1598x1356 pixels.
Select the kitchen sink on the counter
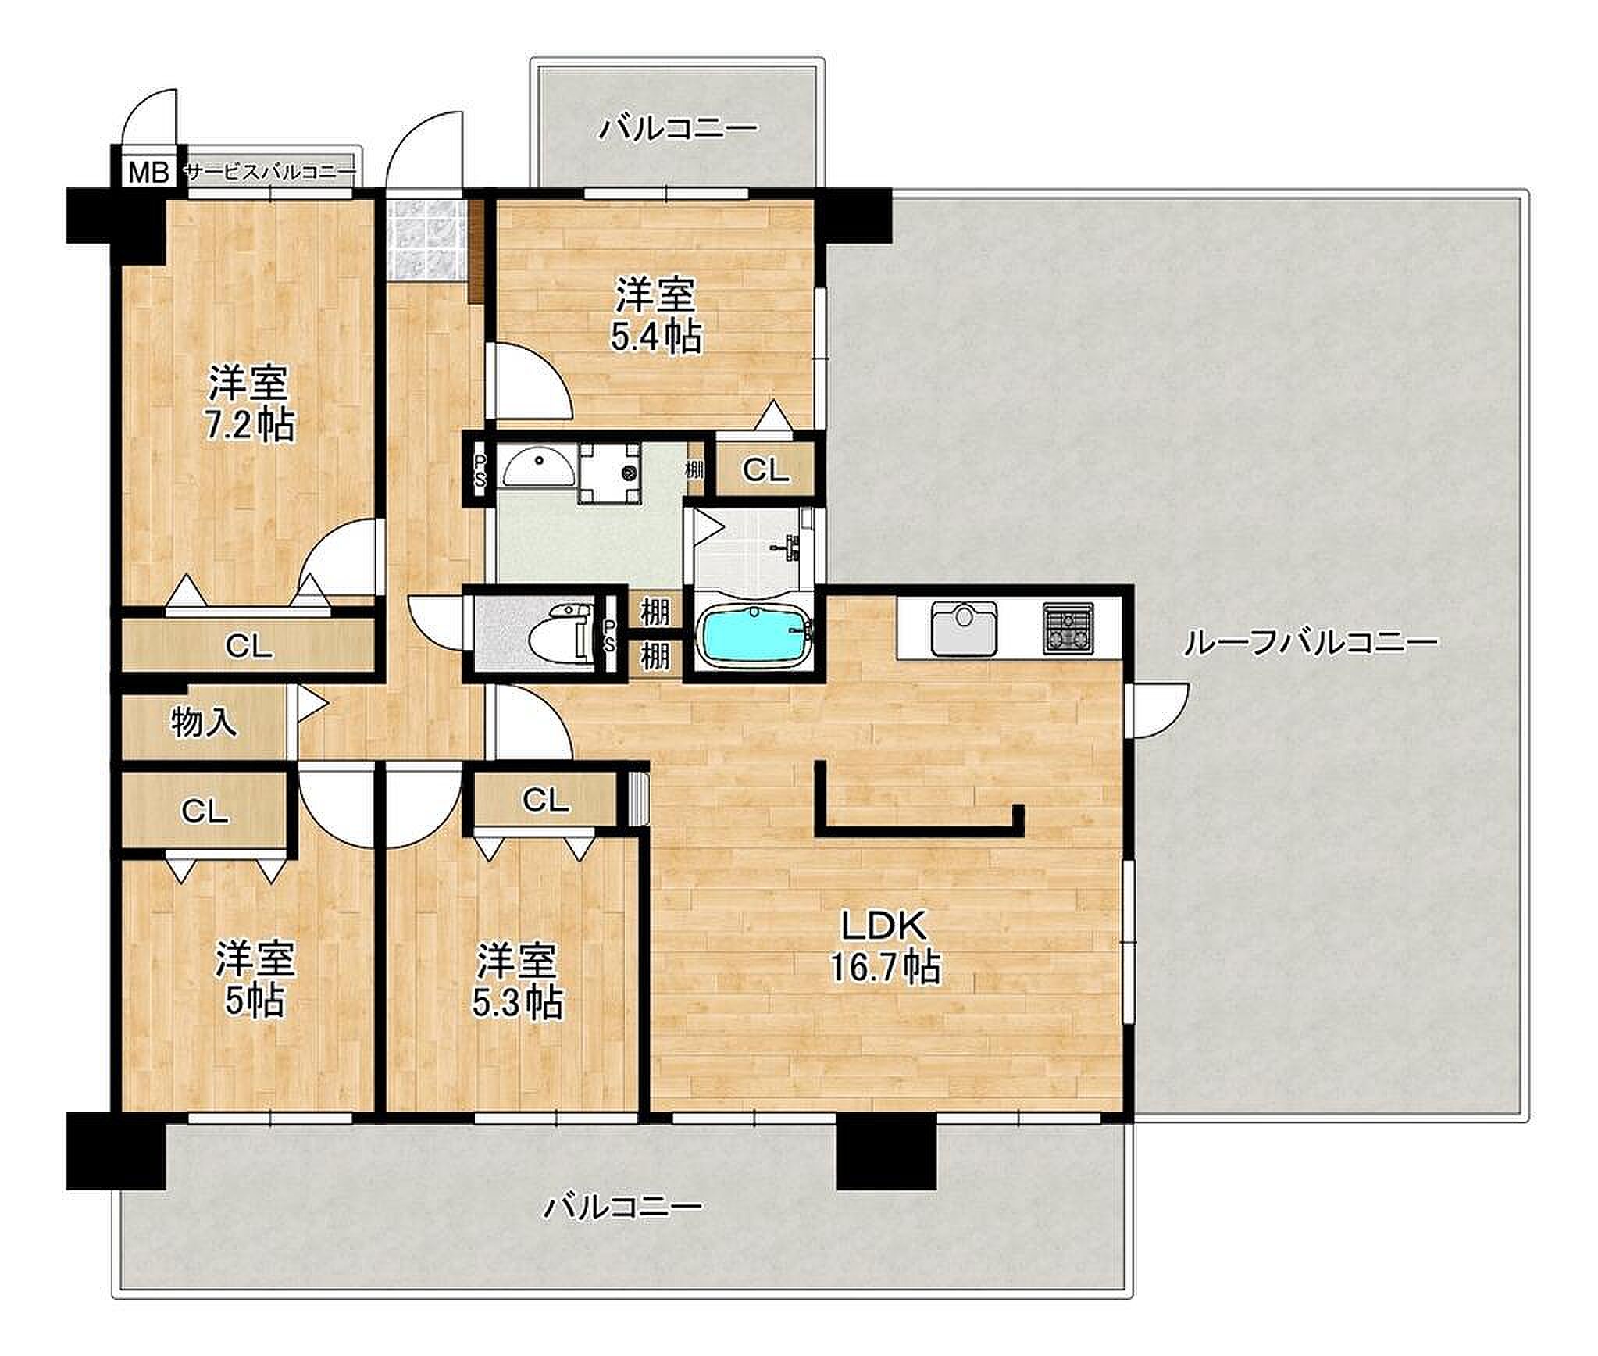pos(963,630)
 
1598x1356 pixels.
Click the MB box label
pos(148,172)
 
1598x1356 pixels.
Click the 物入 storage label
pos(203,723)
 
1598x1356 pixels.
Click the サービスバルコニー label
pos(270,173)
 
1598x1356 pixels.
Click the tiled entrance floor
pos(426,239)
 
